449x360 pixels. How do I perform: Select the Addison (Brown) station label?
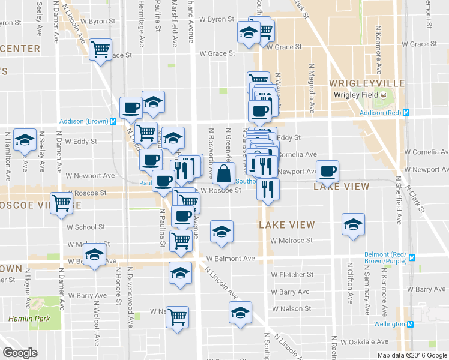83,121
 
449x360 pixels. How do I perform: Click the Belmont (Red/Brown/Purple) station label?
385,258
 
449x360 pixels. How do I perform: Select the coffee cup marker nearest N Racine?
328,172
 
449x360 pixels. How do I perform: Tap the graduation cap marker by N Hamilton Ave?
25,140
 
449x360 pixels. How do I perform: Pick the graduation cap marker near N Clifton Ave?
353,224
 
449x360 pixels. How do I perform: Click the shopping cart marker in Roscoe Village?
62,203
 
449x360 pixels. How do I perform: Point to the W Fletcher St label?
292,275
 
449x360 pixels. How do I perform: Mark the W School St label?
86,227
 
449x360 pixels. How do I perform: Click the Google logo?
20,353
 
